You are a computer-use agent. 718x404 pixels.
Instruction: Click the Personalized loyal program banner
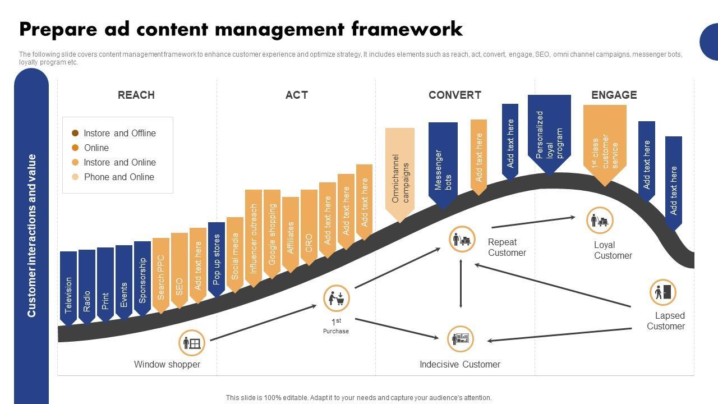(x=549, y=134)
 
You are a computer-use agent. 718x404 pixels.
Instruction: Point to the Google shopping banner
(x=272, y=233)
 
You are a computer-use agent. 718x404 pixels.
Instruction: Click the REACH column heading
(x=136, y=95)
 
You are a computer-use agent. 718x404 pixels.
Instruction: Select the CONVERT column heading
(x=455, y=95)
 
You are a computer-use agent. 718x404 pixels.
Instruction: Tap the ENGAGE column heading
(x=614, y=95)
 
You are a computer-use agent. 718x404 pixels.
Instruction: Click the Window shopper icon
(x=192, y=343)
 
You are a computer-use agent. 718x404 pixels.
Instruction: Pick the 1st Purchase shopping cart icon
(x=337, y=298)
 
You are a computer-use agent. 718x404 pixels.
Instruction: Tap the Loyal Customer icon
(x=600, y=220)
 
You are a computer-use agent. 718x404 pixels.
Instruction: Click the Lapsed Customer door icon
(x=663, y=292)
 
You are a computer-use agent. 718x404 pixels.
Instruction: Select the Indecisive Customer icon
(x=461, y=339)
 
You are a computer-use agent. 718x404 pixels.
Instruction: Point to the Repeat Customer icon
(x=462, y=240)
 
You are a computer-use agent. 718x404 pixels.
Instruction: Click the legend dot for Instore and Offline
(x=75, y=133)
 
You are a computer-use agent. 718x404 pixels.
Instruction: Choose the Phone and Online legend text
(x=119, y=177)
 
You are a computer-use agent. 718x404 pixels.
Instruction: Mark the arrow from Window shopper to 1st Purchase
(x=263, y=323)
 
